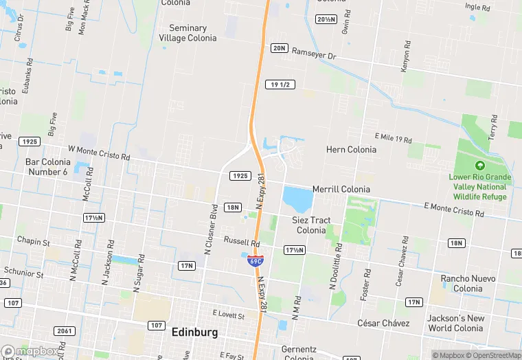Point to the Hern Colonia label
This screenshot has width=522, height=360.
(x=351, y=149)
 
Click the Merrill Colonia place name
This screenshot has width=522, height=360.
(x=341, y=189)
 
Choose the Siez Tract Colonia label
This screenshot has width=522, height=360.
(x=311, y=225)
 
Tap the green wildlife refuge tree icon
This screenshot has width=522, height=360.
(x=479, y=166)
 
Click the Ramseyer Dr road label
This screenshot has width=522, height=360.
(x=314, y=53)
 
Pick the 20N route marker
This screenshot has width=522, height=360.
(x=279, y=48)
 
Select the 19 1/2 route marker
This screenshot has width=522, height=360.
(x=282, y=85)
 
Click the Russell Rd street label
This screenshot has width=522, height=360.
(x=242, y=243)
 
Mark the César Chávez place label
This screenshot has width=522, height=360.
(x=383, y=323)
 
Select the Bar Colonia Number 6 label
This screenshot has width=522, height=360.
(x=48, y=166)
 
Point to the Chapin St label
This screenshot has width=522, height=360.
(x=34, y=242)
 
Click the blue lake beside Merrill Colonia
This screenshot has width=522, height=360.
(x=297, y=199)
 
